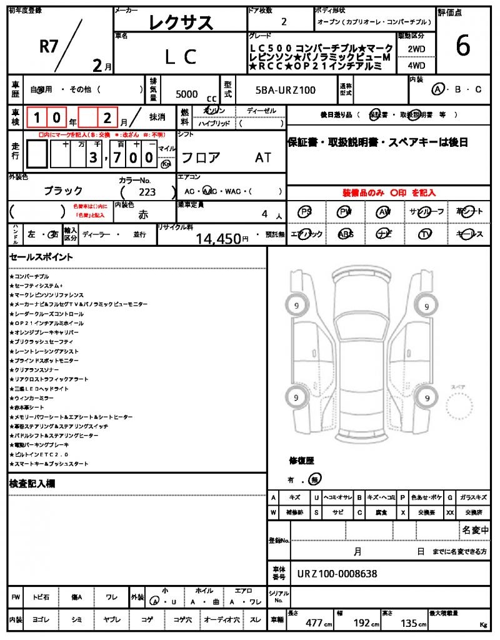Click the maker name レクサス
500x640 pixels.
tap(181, 23)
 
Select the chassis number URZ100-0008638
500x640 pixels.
tap(337, 574)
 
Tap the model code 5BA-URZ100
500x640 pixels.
tap(286, 91)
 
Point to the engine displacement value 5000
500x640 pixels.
tap(187, 94)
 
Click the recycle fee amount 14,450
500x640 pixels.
tap(218, 238)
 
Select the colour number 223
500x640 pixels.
tap(148, 192)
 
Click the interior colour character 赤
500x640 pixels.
tap(143, 214)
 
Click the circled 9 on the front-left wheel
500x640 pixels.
tap(294, 306)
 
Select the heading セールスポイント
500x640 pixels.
tap(41, 257)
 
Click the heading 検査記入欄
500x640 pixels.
tap(32, 484)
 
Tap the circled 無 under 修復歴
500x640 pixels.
tap(316, 480)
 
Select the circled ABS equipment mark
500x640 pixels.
tap(345, 234)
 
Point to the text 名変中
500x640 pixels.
tap(475, 530)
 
